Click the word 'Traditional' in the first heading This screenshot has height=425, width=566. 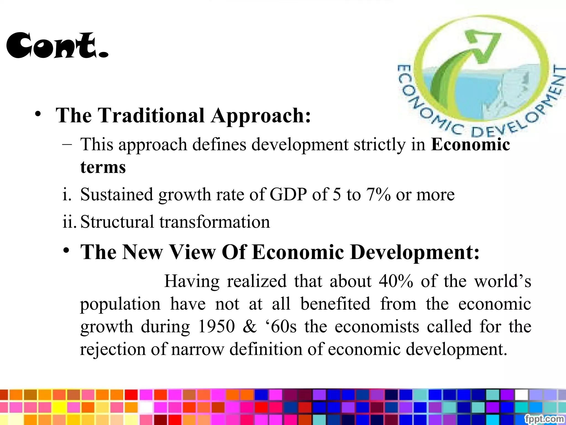151,115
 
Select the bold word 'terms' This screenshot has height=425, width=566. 103,167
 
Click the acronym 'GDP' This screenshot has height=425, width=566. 288,195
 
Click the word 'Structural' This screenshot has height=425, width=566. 117,222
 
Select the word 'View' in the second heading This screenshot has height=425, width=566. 192,252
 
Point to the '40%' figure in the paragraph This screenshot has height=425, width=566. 396,281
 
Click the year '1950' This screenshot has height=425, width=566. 217,326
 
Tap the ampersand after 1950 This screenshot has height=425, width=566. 250,326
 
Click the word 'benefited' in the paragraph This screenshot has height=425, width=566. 335,304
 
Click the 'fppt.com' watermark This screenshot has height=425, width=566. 544,418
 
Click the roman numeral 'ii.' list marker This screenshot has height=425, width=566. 69,222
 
